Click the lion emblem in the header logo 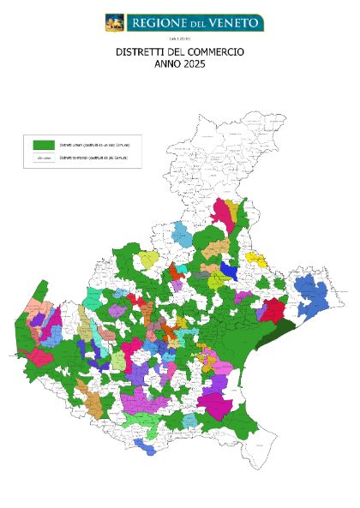pos(115,22)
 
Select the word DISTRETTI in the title pos(139,52)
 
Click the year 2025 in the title pos(194,64)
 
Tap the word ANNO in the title pos(166,64)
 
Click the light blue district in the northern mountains pos(182,232)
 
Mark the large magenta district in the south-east pos(214,405)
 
